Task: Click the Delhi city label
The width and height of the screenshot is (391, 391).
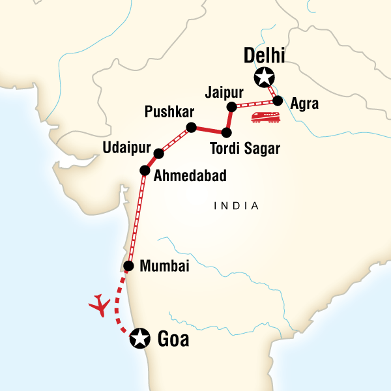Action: tap(266, 57)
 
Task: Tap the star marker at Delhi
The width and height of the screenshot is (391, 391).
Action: tap(264, 78)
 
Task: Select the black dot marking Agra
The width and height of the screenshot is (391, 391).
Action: tap(278, 101)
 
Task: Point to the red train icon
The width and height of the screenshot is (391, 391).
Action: tap(265, 117)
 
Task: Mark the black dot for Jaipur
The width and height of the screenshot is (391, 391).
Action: tap(231, 107)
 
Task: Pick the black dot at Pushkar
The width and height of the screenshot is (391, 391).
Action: tap(191, 127)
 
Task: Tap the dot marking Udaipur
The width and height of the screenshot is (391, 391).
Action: tap(158, 154)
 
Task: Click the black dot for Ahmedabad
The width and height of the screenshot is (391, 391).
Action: tap(145, 171)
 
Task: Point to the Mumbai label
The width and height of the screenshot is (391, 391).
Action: tap(166, 266)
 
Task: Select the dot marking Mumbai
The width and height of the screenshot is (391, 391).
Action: tap(129, 266)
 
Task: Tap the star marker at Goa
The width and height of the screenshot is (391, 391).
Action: tap(139, 338)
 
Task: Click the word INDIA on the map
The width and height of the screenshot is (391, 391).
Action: tap(237, 206)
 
